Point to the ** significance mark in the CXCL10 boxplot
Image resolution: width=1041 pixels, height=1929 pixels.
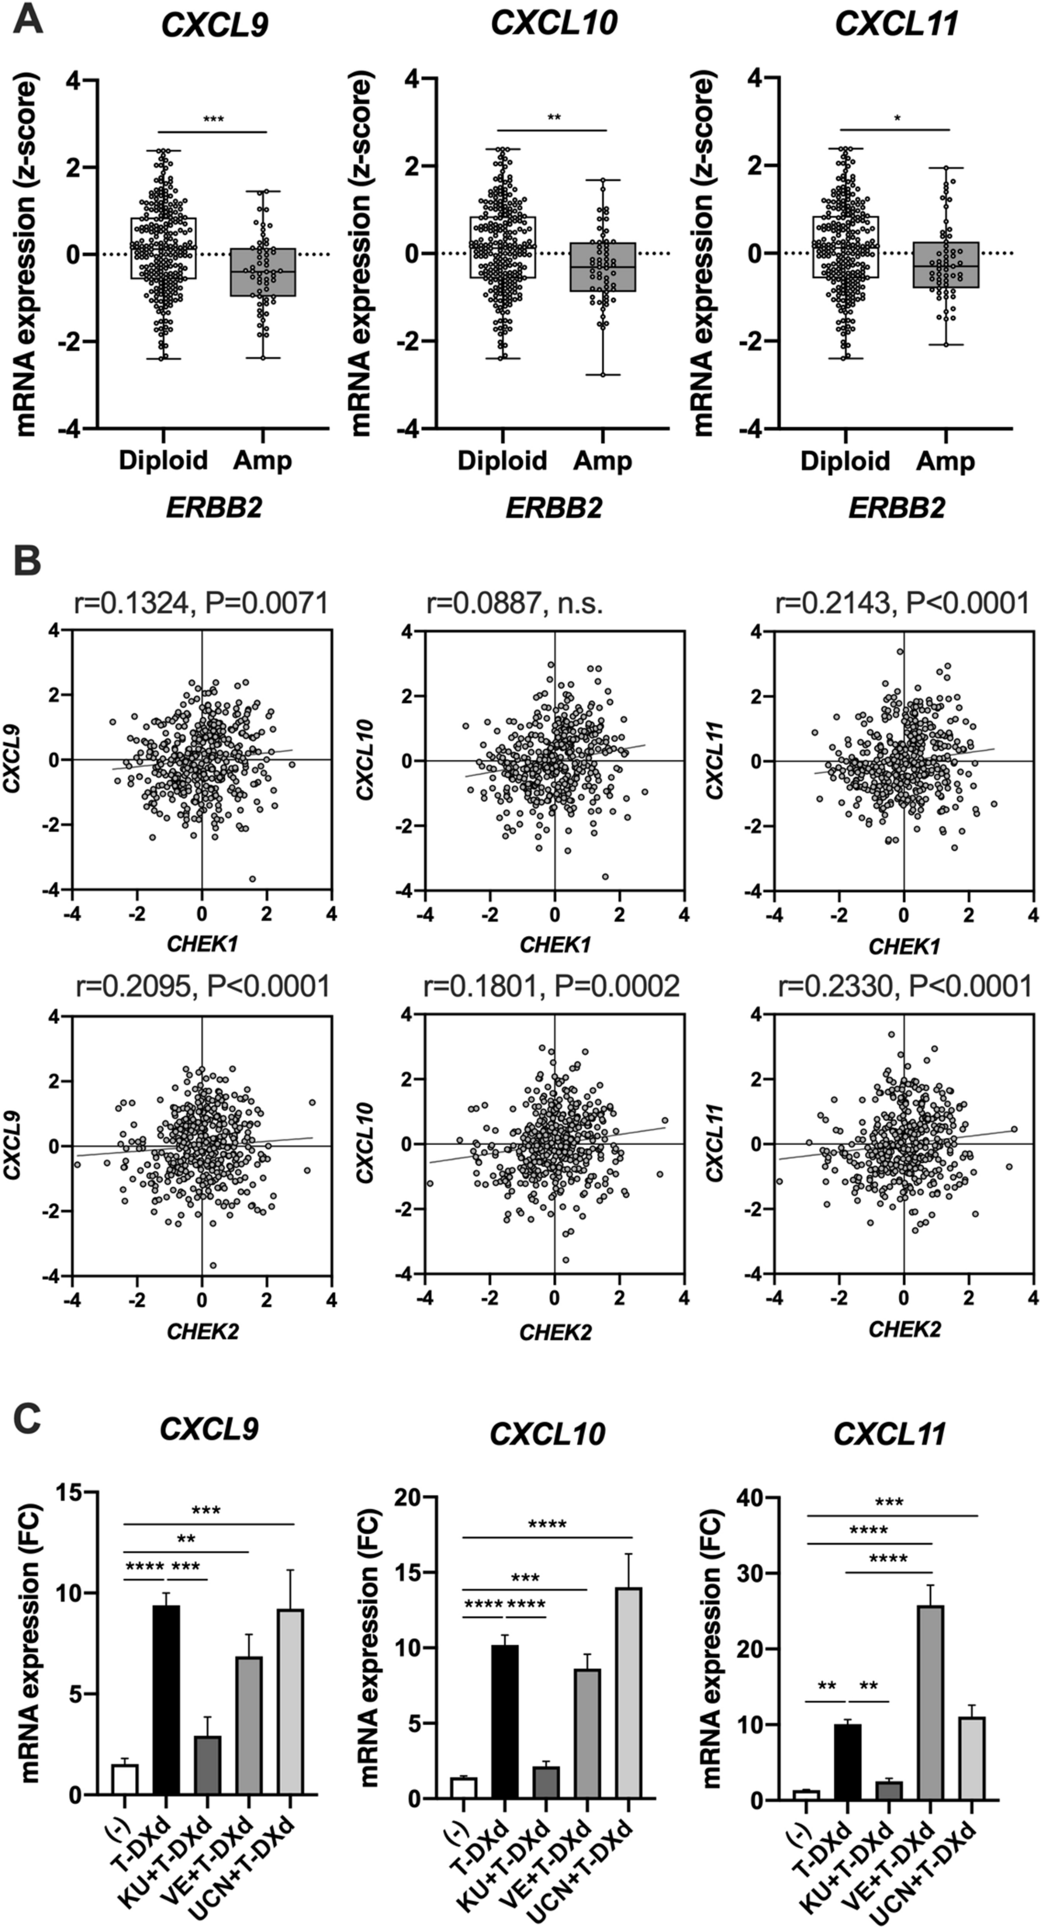tap(554, 118)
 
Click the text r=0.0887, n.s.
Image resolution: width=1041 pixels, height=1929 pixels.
tap(514, 602)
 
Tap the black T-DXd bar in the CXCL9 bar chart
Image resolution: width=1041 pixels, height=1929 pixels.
tap(166, 1688)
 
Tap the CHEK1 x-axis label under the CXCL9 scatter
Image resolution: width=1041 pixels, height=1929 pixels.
tap(202, 944)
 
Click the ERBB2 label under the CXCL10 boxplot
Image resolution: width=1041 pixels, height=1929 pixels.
tap(555, 508)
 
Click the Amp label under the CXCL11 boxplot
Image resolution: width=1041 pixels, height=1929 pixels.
tap(946, 461)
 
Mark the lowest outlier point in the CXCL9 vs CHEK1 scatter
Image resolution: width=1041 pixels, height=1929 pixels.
tap(252, 879)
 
